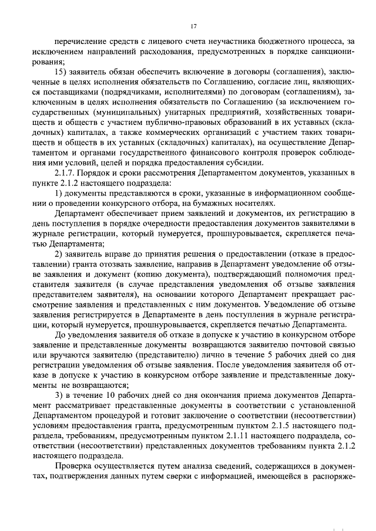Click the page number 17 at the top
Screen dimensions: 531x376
tap(193, 26)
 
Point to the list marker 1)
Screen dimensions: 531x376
tap(58, 193)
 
